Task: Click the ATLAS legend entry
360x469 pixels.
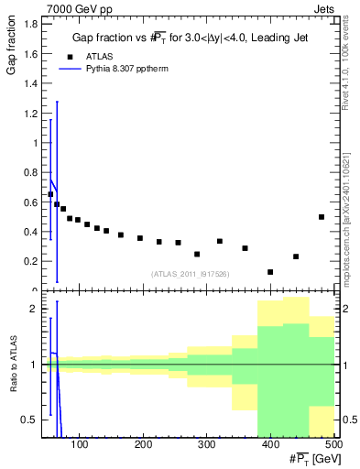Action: click(102, 56)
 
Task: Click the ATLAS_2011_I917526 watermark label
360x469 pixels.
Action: click(190, 274)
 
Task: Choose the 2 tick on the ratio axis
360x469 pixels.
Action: click(32, 310)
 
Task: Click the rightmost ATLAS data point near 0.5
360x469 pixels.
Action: click(322, 217)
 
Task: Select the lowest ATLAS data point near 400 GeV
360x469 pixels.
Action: click(270, 272)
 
